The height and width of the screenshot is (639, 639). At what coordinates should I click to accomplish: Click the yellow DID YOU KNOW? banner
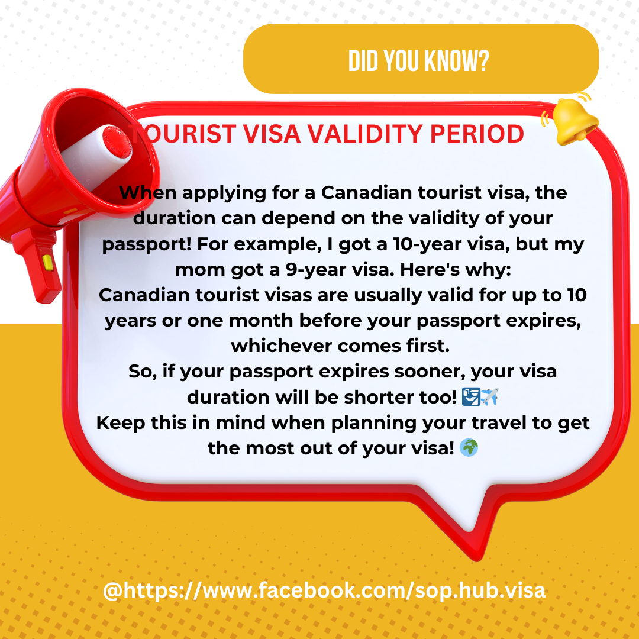[x=421, y=59]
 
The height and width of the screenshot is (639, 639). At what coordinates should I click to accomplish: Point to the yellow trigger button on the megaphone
[x=47, y=263]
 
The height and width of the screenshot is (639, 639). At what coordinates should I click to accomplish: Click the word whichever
[x=282, y=346]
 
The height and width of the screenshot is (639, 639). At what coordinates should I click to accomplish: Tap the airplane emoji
[x=490, y=396]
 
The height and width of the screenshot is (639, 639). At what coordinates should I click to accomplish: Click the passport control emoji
[x=471, y=396]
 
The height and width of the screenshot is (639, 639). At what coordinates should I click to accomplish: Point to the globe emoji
[x=469, y=448]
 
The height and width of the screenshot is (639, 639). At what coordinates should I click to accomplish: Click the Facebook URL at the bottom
[x=324, y=590]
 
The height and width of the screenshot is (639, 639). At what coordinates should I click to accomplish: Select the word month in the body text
[x=261, y=321]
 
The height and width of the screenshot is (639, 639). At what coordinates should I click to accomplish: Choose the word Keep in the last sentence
[x=121, y=423]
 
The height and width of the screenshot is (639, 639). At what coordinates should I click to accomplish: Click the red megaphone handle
[x=37, y=265]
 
